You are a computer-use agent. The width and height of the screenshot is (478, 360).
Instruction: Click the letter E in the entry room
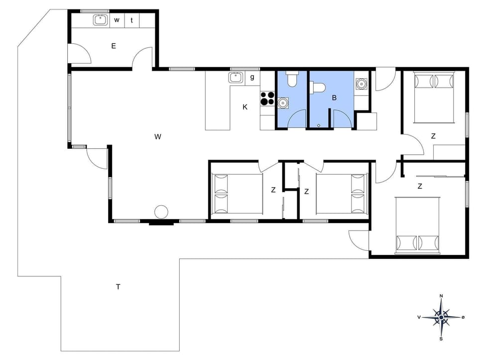(x=114, y=46)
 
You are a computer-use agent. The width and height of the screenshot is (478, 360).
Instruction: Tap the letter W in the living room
(x=157, y=136)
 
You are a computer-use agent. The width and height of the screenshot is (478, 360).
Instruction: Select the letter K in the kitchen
(x=244, y=107)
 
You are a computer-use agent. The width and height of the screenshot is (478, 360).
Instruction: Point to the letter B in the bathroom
(x=334, y=98)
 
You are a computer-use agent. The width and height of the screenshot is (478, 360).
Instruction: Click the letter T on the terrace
(x=118, y=287)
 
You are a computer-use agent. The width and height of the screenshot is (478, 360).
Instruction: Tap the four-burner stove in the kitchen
(x=267, y=99)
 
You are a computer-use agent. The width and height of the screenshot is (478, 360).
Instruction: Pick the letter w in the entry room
(x=117, y=20)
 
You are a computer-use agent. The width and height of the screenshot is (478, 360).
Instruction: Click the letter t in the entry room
(x=131, y=20)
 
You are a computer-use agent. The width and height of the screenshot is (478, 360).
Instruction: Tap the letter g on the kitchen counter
(x=252, y=77)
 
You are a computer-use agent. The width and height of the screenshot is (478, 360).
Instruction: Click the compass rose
(x=441, y=317)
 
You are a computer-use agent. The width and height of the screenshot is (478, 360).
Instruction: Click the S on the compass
(x=441, y=339)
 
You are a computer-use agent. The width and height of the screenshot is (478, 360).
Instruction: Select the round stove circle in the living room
(x=161, y=212)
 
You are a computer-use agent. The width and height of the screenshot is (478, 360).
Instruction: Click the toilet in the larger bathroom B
(x=317, y=88)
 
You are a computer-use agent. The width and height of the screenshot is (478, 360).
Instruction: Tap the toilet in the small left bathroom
(x=292, y=79)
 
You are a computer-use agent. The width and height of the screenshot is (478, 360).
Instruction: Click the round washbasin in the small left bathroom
(x=283, y=103)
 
